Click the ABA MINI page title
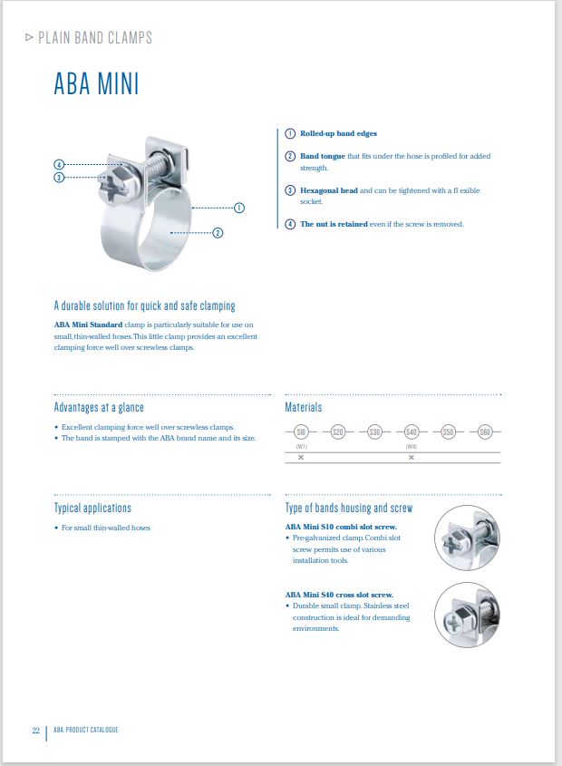[96, 84]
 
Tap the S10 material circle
[302, 432]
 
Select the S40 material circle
[411, 432]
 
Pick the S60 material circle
[485, 432]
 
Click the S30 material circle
[374, 432]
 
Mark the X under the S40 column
[411, 457]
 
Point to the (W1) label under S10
[302, 446]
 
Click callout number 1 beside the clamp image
[239, 208]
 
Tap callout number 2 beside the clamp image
[218, 233]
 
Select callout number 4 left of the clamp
[59, 165]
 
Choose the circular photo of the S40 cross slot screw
[467, 615]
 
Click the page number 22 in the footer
[36, 730]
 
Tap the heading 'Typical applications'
[92, 508]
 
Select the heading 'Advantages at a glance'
[99, 407]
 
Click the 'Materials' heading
[304, 407]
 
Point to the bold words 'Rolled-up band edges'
[338, 133]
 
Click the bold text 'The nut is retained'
[334, 224]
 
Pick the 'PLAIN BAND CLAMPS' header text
[95, 38]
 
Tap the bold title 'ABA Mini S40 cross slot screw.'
[339, 595]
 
